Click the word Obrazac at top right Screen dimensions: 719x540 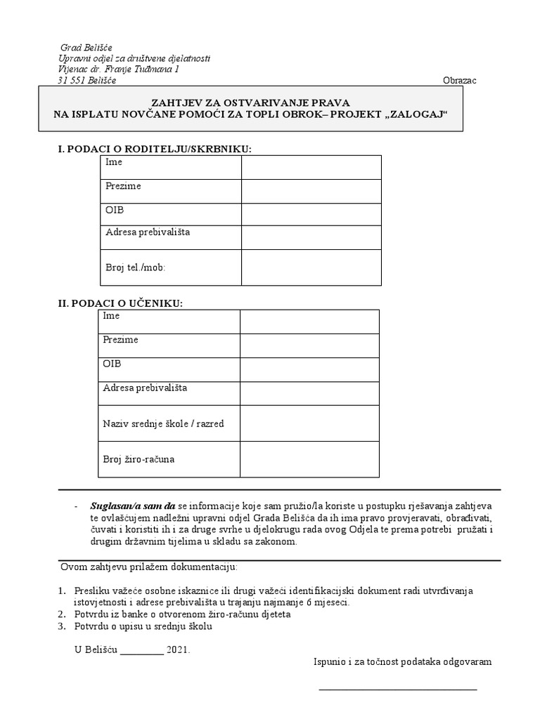[460, 80]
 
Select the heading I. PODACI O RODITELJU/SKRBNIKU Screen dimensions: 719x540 [154, 149]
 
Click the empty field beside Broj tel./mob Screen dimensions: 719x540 [311, 268]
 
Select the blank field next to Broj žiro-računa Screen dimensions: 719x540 [309, 459]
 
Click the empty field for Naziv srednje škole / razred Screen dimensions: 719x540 [309, 423]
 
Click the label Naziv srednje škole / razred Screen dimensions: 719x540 [163, 423]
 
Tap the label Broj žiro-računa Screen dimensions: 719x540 [139, 459]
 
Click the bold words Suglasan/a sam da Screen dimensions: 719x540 [133, 506]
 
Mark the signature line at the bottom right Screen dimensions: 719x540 [398, 689]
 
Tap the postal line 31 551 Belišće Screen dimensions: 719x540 [87, 80]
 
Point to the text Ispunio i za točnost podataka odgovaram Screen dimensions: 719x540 [402, 661]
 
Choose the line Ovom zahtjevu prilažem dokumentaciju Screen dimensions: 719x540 [149, 566]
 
